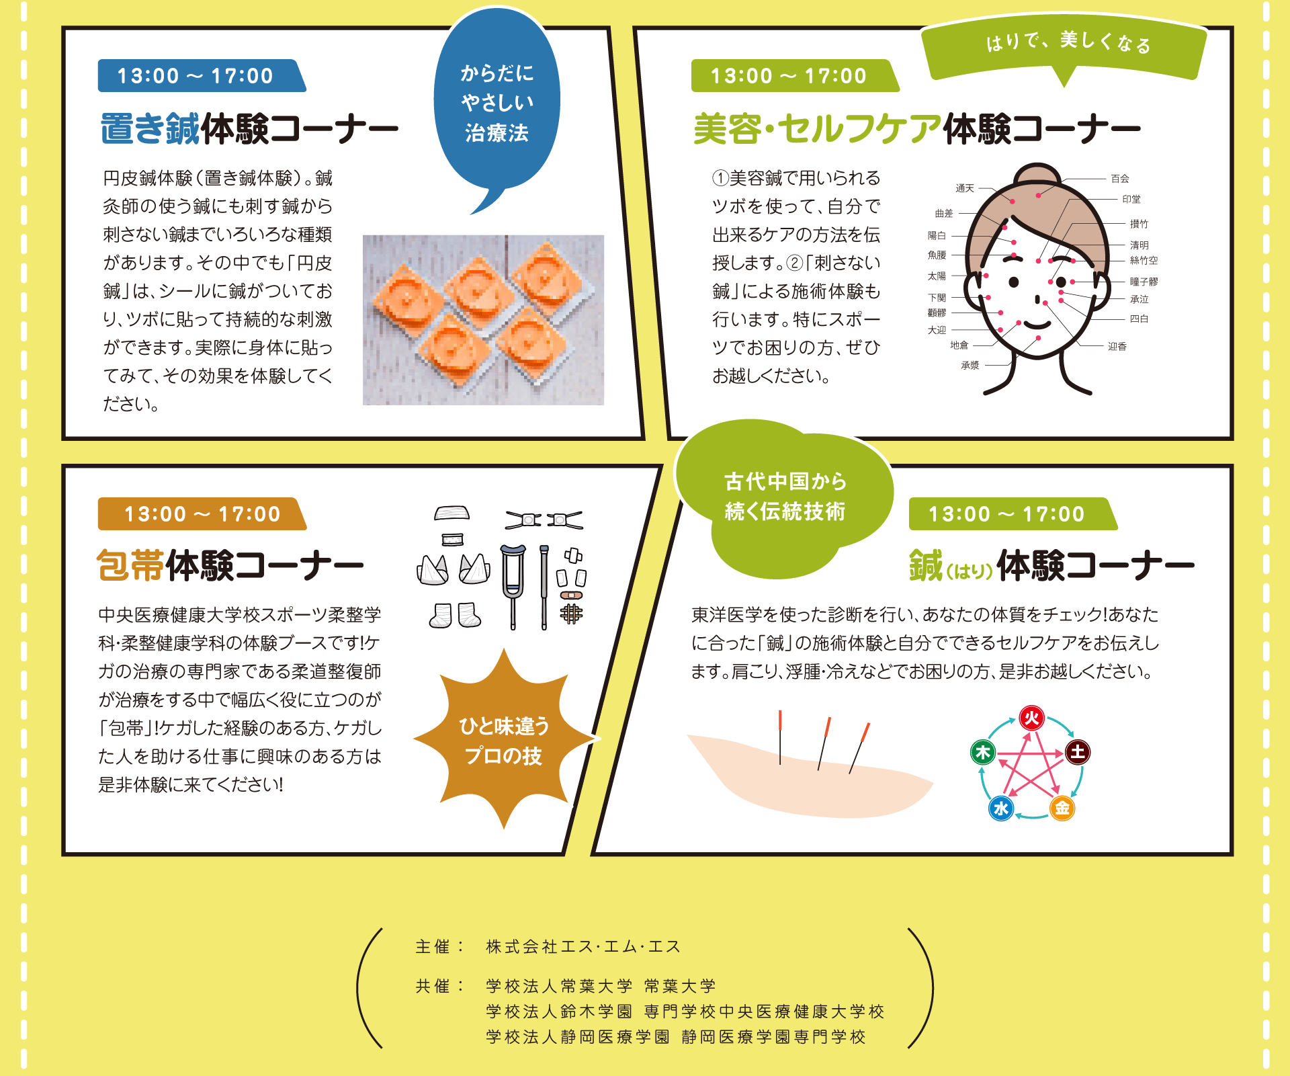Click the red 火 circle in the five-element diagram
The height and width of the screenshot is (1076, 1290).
(1031, 718)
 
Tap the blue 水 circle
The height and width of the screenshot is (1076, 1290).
(1001, 808)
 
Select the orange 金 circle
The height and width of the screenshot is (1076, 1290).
(1062, 808)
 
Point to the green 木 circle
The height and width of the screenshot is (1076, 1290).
(983, 752)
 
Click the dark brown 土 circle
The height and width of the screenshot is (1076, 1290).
(1078, 752)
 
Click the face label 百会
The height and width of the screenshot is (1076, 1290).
(1120, 179)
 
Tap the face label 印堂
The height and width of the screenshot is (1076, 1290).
(1131, 200)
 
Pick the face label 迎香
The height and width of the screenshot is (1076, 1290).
(1117, 347)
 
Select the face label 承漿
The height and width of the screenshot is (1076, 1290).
(970, 366)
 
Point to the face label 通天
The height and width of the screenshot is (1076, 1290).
(965, 188)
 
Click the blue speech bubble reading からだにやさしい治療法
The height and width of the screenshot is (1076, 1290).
(497, 104)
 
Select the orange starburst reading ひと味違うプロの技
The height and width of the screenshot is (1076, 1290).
(504, 740)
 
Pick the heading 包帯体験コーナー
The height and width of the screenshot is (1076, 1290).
(230, 565)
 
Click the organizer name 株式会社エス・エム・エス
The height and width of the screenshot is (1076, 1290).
(583, 946)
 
